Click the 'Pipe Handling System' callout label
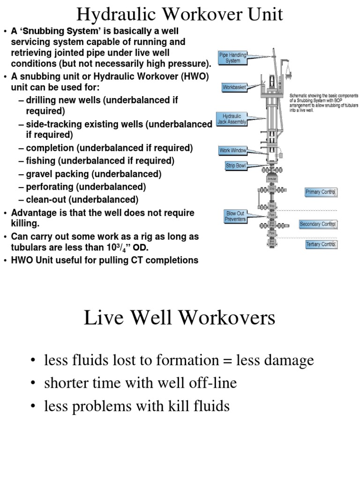click(233, 58)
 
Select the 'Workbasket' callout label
click(234, 87)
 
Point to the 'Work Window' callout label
click(232, 150)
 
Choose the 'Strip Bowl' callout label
click(235, 165)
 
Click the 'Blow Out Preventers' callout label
click(235, 216)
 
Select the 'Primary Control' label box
click(321, 192)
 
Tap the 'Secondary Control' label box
click(318, 224)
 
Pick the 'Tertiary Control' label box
click(321, 244)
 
